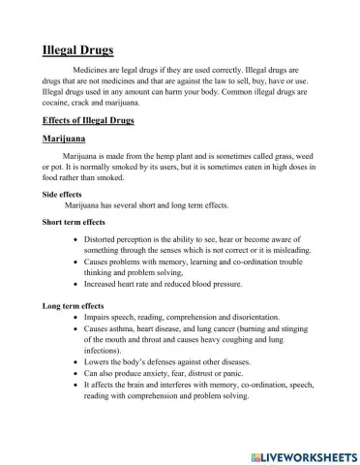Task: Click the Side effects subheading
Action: [x=62, y=194]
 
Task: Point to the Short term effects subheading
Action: [x=74, y=222]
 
